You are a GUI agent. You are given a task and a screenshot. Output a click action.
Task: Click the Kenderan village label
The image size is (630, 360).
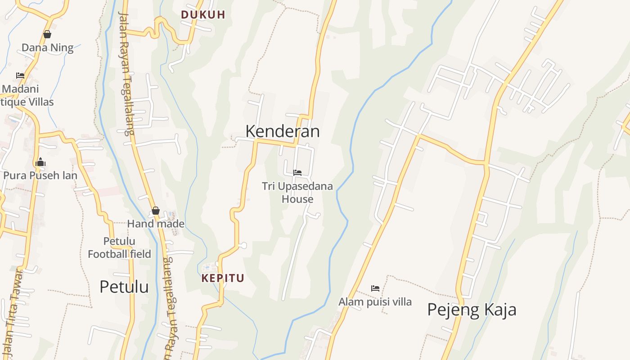tap(283, 131)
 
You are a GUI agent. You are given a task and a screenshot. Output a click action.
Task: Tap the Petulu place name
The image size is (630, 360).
tap(124, 287)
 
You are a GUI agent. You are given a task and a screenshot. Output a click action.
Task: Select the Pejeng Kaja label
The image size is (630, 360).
tap(472, 310)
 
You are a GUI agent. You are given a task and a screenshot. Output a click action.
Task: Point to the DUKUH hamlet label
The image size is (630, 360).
tap(203, 14)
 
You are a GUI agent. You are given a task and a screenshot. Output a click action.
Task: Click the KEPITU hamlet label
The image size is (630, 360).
tap(223, 278)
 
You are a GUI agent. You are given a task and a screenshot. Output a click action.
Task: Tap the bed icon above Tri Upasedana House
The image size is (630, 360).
tap(297, 172)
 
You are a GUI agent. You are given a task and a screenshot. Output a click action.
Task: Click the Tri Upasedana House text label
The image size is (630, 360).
tap(297, 192)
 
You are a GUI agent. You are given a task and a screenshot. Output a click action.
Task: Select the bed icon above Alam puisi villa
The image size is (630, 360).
tap(375, 288)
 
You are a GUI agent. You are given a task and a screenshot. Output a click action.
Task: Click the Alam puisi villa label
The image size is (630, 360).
tap(375, 301)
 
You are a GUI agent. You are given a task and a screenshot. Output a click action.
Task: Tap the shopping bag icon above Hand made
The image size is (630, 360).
tap(156, 210)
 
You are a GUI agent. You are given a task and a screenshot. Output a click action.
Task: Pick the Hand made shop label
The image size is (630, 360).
tap(156, 224)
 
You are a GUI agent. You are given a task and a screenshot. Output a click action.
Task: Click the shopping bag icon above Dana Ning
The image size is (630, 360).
tap(47, 34)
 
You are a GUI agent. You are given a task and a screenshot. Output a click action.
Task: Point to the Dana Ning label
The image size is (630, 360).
tap(47, 48)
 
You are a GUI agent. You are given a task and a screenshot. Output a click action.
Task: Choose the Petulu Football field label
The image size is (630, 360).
tap(119, 247)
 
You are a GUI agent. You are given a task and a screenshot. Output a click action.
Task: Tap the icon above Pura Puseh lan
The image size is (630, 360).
tap(40, 162)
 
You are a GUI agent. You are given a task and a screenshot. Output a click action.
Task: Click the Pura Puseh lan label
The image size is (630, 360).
tap(40, 175)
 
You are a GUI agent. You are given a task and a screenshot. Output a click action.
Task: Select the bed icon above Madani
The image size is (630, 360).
tap(20, 75)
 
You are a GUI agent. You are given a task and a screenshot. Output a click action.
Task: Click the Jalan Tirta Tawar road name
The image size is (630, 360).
tap(13, 310)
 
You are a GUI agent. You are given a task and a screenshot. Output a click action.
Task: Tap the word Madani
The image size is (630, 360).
tap(21, 89)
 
